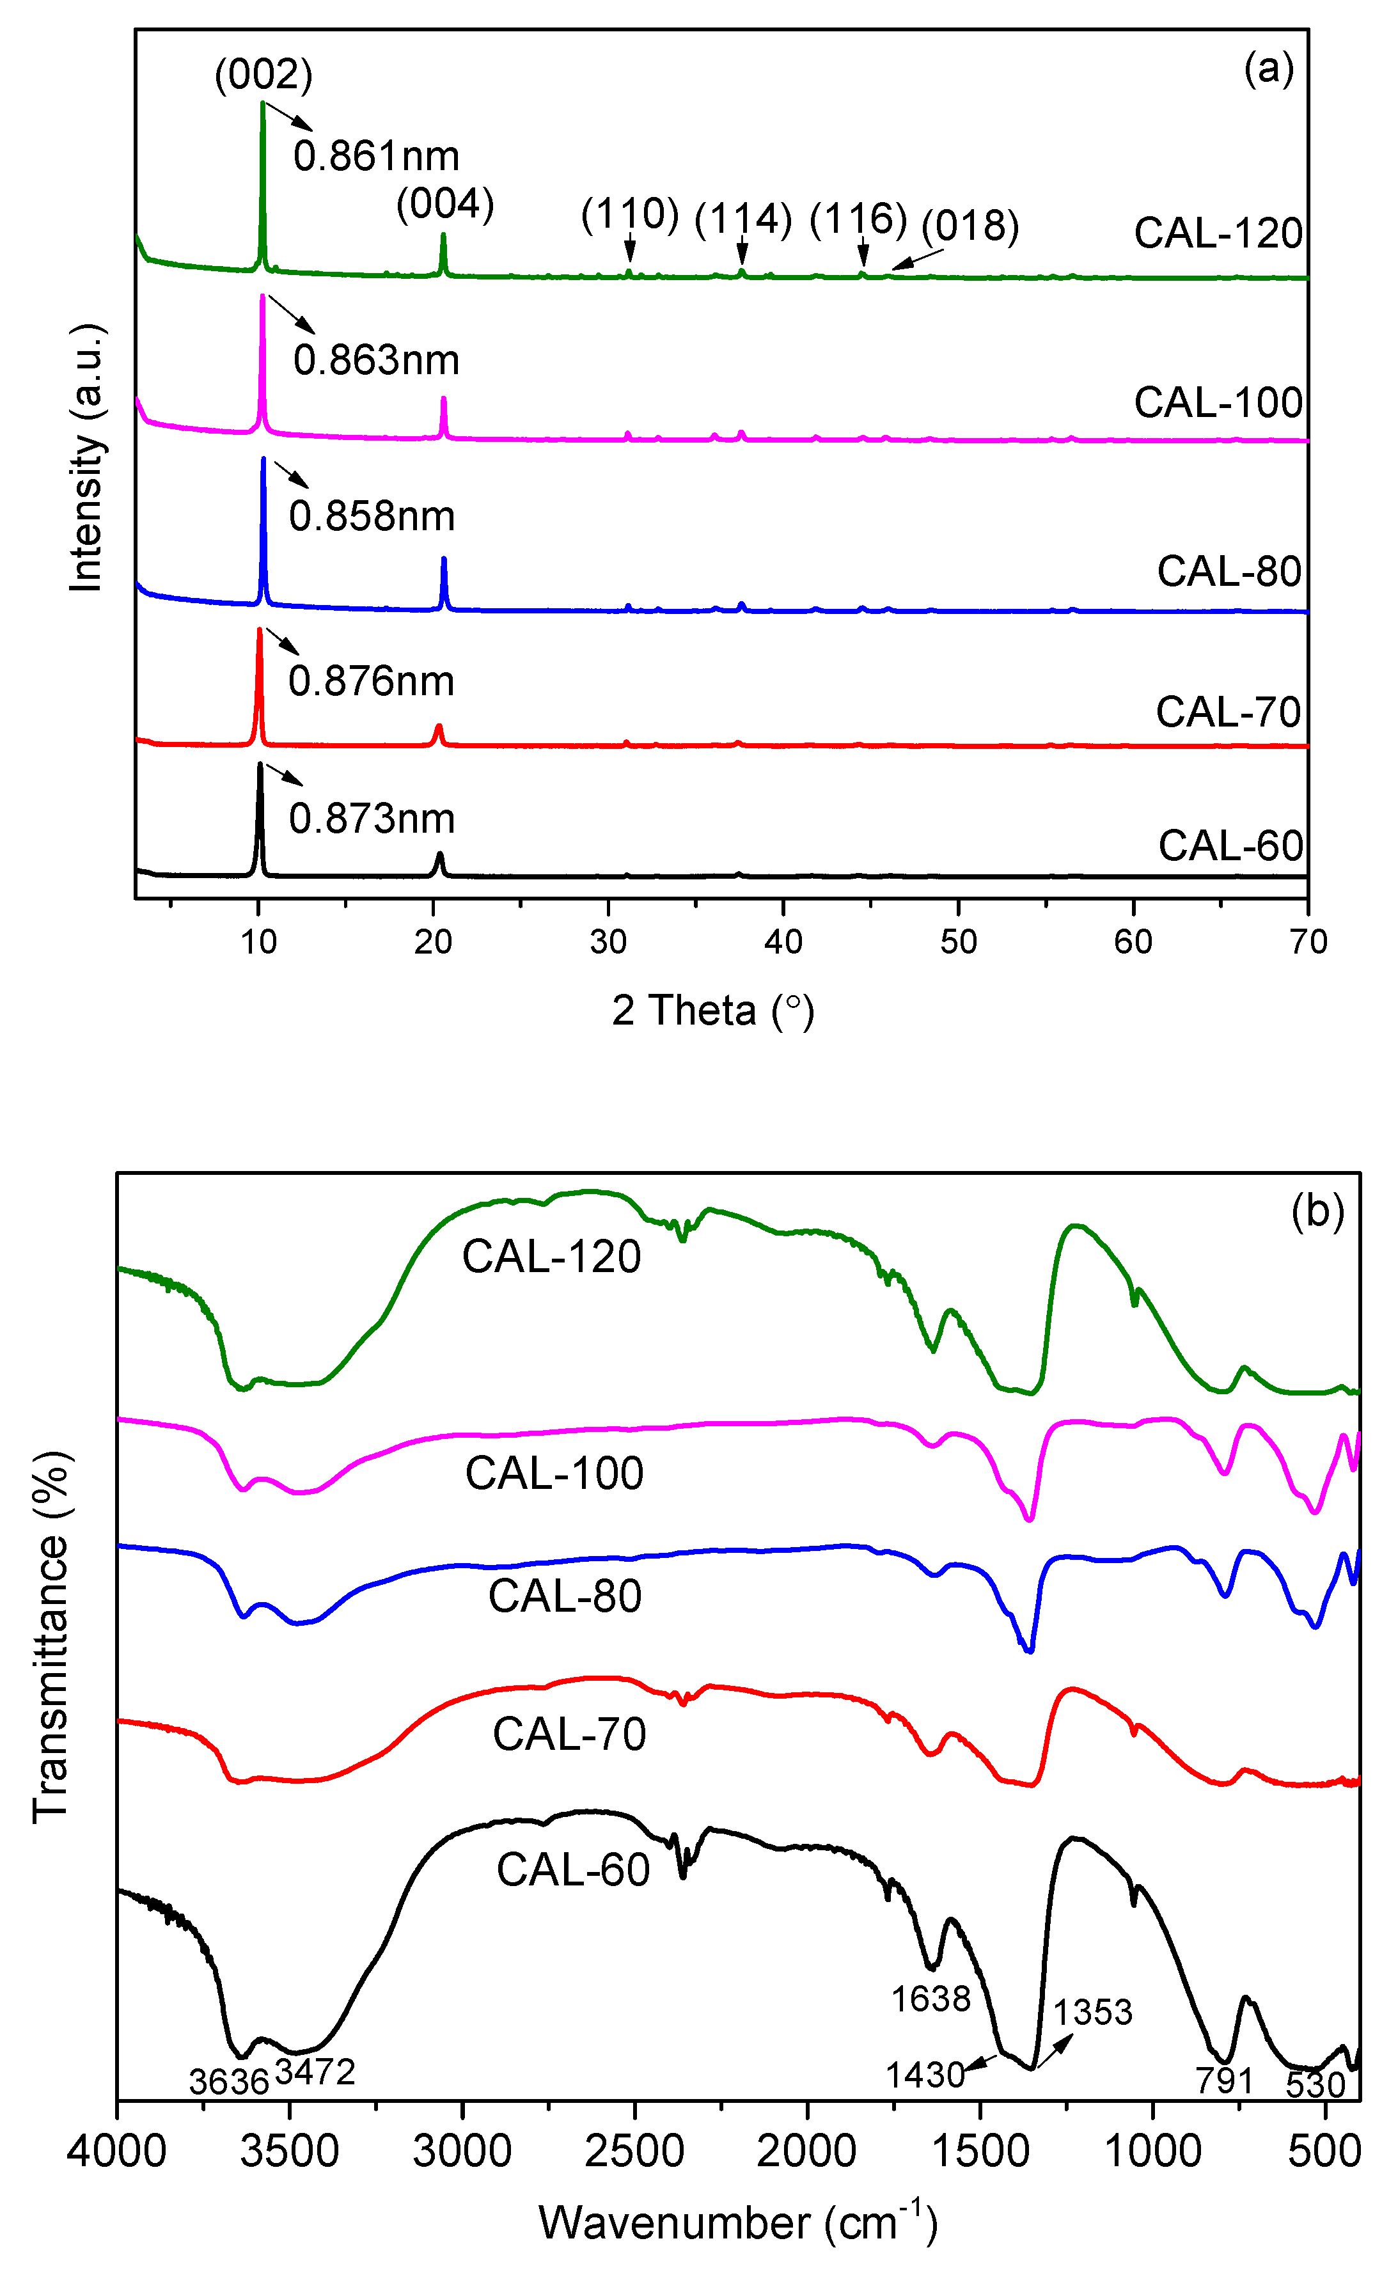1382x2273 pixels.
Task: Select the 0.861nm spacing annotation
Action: coord(375,156)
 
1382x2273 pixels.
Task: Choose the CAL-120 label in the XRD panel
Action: coord(1217,233)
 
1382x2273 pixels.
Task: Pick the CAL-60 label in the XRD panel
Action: coord(1230,846)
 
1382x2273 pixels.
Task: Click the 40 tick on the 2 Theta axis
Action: coord(782,942)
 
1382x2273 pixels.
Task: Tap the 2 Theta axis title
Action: coord(712,1011)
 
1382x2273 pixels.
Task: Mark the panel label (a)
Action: coord(1269,68)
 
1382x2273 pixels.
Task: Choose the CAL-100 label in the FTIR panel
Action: coord(554,1473)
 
